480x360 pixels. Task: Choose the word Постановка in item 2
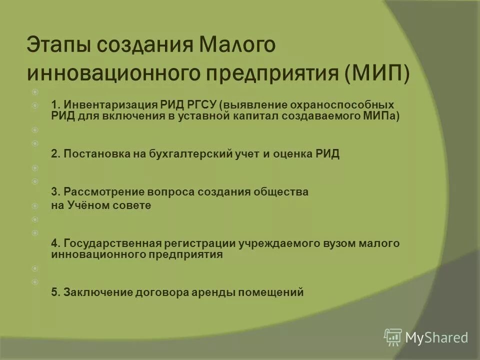coord(89,154)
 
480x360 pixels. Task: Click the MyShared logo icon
coord(393,337)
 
